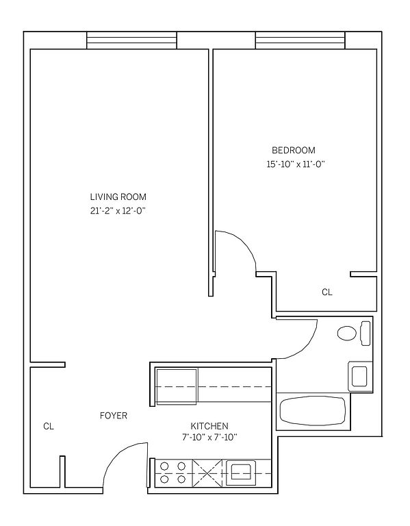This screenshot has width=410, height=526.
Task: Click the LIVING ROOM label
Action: (x=118, y=197)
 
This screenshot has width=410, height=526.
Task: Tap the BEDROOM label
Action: (x=294, y=150)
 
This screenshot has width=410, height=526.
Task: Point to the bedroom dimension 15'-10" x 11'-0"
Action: (x=296, y=164)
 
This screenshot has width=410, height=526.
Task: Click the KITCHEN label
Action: (x=209, y=426)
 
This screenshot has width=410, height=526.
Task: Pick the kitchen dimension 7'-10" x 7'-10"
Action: (x=209, y=438)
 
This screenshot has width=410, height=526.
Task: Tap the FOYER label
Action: (x=114, y=416)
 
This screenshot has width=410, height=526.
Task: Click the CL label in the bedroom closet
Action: (x=327, y=292)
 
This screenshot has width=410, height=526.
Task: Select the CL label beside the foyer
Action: (x=49, y=427)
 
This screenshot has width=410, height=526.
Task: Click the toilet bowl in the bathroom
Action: (x=346, y=334)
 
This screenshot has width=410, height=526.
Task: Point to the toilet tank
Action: (x=366, y=334)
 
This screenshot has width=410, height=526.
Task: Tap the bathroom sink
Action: (x=359, y=376)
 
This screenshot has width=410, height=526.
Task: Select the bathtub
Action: (x=312, y=411)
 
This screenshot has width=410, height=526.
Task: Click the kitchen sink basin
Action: (x=241, y=473)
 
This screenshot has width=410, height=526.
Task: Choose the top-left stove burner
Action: (x=164, y=466)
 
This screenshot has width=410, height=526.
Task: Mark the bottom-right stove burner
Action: (x=181, y=479)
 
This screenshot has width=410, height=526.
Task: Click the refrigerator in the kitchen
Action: (x=177, y=386)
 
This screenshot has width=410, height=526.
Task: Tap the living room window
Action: (x=131, y=40)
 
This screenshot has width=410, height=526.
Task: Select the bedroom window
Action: (x=300, y=40)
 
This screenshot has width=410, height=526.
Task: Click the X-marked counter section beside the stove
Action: (x=207, y=473)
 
